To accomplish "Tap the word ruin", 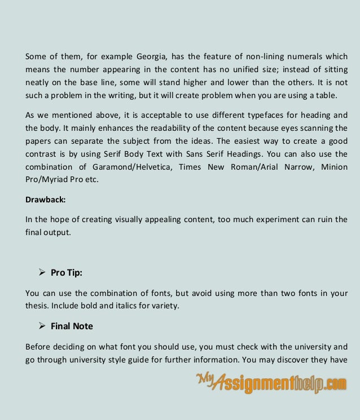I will pyautogui.click(x=324, y=219).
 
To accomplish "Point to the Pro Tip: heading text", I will pyautogui.click(x=67, y=273).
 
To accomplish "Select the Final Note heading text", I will pyautogui.click(x=72, y=326).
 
